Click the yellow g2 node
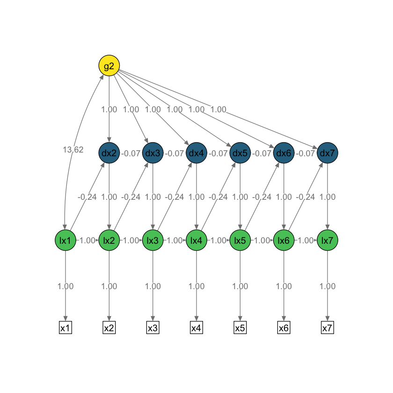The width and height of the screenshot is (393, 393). tap(109, 65)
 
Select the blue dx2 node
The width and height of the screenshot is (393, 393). tap(109, 153)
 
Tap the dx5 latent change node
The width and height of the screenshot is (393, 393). tap(240, 153)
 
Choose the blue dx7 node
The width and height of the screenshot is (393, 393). tap(327, 153)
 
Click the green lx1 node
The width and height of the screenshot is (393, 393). tap(65, 240)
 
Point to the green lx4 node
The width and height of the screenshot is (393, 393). tap(196, 240)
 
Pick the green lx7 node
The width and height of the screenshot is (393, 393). tap(327, 240)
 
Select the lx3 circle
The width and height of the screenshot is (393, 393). tap(153, 240)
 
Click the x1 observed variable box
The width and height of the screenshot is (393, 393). tap(65, 328)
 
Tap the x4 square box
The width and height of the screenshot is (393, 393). tap(196, 328)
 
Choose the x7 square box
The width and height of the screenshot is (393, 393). tap(327, 328)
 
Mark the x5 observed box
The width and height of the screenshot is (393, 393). tap(240, 328)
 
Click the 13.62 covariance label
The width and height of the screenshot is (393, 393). tap(73, 150)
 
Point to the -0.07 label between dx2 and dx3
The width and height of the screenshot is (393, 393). tap(131, 153)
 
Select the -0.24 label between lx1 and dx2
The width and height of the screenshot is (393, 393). tap(87, 197)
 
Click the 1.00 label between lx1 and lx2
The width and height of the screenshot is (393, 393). tap(87, 240)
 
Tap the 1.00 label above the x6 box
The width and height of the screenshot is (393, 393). tap(284, 286)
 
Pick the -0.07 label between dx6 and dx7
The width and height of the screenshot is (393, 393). tap(306, 153)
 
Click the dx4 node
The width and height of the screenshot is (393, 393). tap(196, 153)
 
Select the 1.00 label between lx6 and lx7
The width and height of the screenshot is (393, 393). tap(306, 240)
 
